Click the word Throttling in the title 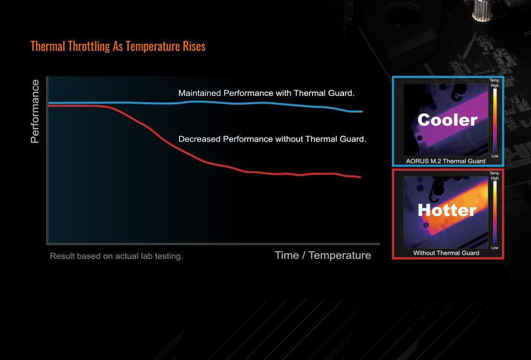(x=89, y=46)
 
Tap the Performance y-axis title (x=35, y=111)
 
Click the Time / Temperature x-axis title (x=323, y=255)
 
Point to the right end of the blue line (x=362, y=111)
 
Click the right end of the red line (x=361, y=177)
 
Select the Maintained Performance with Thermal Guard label (x=266, y=93)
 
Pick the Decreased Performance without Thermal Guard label (x=272, y=139)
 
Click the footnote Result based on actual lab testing (x=116, y=256)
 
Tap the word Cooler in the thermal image (x=448, y=120)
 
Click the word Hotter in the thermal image (x=447, y=210)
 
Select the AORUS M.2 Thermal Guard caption (x=446, y=161)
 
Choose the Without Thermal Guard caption (x=446, y=253)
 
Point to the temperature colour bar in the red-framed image (x=495, y=213)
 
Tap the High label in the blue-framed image (x=495, y=86)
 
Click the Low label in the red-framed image (x=495, y=248)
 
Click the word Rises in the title (x=194, y=46)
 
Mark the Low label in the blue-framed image (x=495, y=156)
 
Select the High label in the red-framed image (x=495, y=178)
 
